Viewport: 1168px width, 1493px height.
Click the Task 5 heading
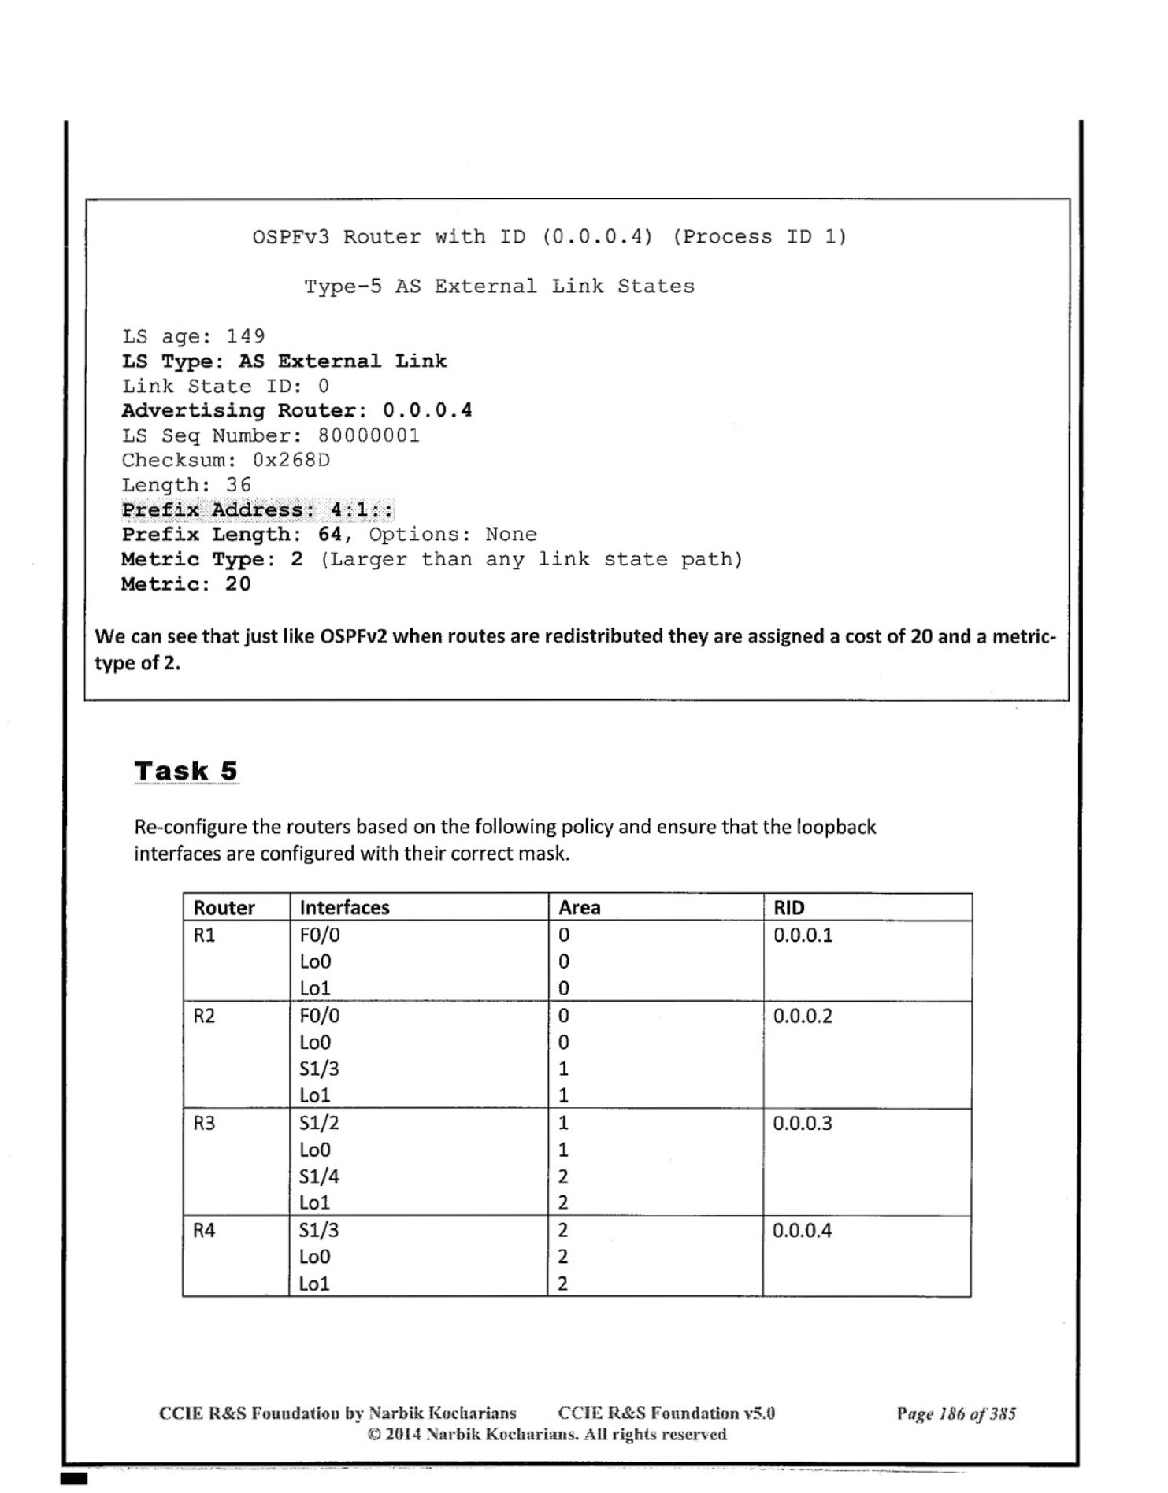click(x=186, y=771)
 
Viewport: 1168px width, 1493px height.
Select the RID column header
click(x=788, y=908)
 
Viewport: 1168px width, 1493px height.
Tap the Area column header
click(x=579, y=908)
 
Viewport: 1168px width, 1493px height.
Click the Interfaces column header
click(x=344, y=908)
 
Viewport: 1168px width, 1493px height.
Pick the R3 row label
click(x=204, y=1123)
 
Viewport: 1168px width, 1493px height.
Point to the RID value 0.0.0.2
click(x=802, y=1016)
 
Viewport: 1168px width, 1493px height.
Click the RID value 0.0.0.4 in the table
click(x=802, y=1231)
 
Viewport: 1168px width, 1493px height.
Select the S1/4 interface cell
click(x=319, y=1176)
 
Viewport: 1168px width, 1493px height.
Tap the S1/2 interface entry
click(x=319, y=1123)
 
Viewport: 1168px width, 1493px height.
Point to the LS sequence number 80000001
click(x=369, y=435)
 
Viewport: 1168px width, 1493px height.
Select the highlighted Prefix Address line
click(x=258, y=510)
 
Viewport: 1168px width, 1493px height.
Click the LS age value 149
click(x=246, y=336)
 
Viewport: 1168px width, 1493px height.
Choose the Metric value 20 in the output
click(x=238, y=584)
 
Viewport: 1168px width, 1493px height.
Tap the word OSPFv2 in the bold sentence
click(x=353, y=636)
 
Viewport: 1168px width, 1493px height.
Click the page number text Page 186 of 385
click(x=955, y=1413)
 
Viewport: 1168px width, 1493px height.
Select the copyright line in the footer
click(x=547, y=1434)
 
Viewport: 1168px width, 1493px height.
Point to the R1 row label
click(x=204, y=935)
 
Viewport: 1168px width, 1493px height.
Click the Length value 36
click(x=239, y=485)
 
